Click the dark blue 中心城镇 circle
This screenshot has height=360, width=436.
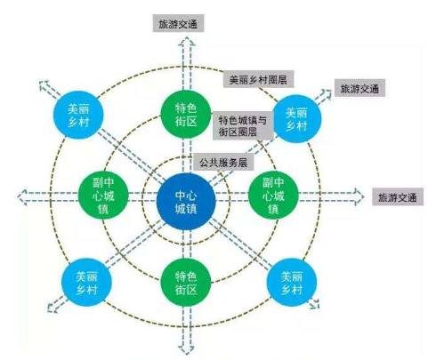point(186,202)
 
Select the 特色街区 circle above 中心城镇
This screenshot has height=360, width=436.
point(186,114)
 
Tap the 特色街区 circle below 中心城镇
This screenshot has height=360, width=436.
point(186,283)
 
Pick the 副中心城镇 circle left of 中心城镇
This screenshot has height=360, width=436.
point(103,195)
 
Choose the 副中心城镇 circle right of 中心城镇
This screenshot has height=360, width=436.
point(273,195)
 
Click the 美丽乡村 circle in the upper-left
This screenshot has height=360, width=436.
point(78,115)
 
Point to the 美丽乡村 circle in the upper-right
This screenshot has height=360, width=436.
point(296,118)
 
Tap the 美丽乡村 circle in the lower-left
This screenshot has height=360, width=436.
point(86,283)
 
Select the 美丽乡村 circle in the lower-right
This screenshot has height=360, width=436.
point(292,282)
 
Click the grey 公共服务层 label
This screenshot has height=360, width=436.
point(223,162)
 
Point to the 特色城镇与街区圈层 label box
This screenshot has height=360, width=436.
point(243,125)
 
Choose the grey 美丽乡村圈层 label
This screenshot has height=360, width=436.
point(258,79)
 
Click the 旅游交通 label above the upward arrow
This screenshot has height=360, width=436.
point(178,23)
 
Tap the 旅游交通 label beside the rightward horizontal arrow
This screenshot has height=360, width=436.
point(398,197)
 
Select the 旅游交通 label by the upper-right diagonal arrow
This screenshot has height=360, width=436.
point(359,88)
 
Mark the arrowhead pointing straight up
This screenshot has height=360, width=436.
point(186,42)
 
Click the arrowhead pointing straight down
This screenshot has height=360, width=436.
point(186,349)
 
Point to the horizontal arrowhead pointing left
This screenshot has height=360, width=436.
point(22,197)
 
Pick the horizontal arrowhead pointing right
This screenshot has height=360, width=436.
point(359,196)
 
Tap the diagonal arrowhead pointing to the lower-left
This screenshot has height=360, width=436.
point(53,307)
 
